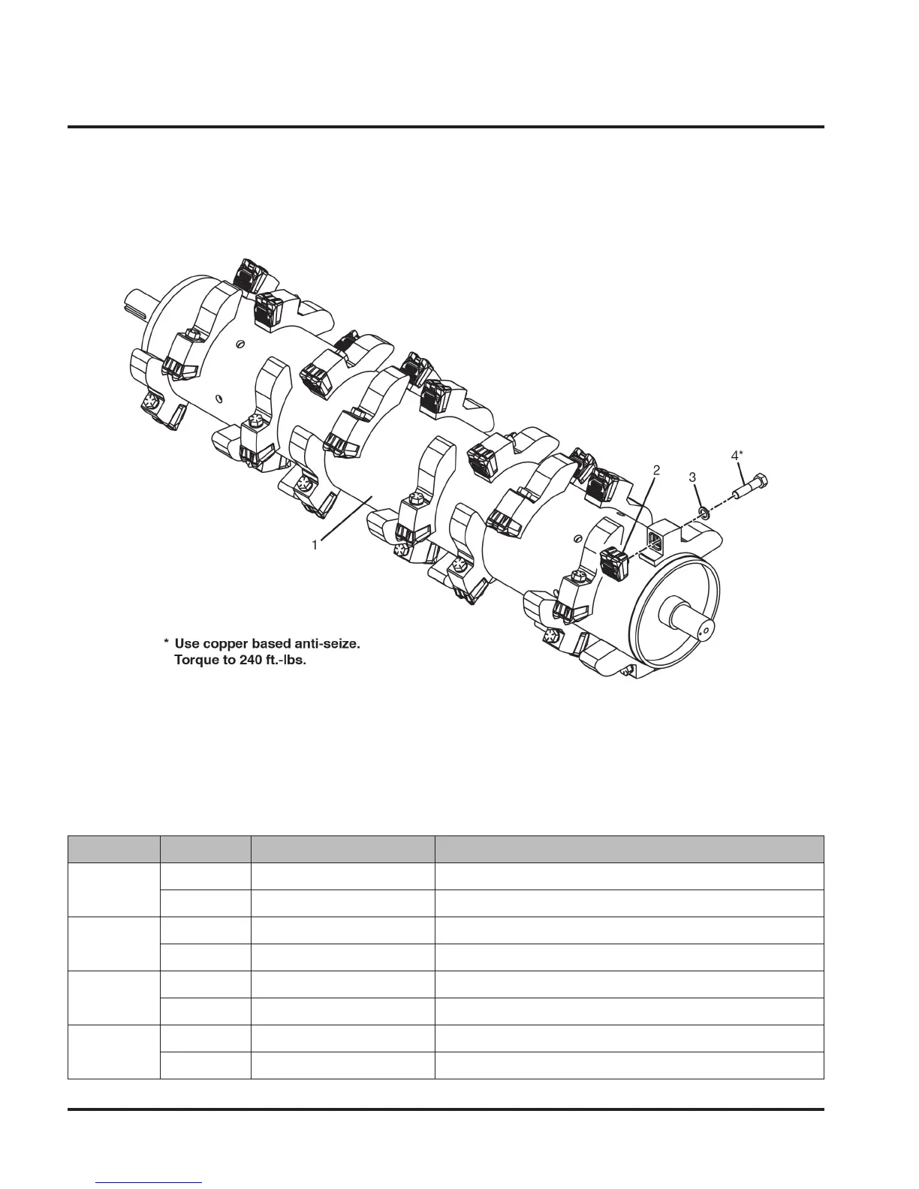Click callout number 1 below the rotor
pos(315,546)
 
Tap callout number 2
pos(656,471)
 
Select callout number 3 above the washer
pos(693,477)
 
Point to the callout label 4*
pos(737,455)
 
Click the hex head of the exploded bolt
pos(759,481)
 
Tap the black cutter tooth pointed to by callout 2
pos(614,564)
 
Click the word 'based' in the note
pos(265,644)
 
